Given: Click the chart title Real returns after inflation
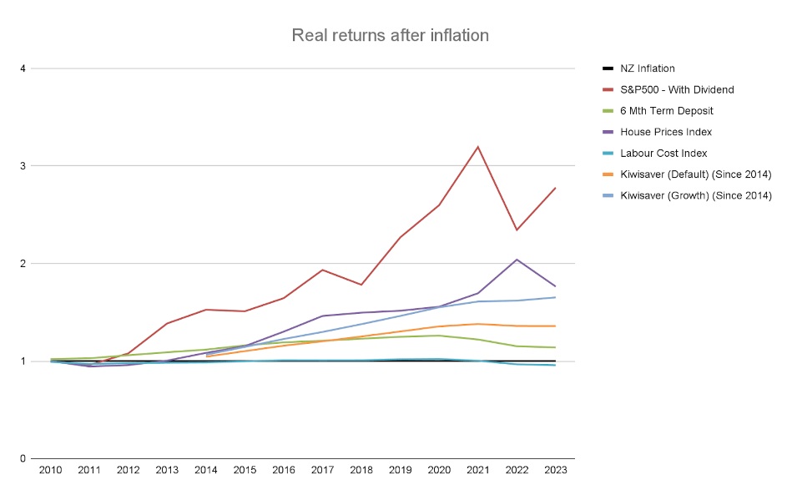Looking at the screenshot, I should pos(390,36).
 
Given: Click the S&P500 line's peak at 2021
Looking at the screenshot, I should pos(477,147).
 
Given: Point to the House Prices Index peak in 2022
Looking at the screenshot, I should pos(517,260).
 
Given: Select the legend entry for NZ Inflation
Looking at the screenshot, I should pos(649,68).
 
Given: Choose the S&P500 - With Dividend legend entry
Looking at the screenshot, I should pos(678,89).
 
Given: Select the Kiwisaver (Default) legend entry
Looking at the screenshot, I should pos(696,174).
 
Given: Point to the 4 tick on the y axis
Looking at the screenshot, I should pos(23,68).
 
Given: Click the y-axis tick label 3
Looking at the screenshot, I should pos(23,166).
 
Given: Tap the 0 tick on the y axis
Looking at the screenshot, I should pos(23,459).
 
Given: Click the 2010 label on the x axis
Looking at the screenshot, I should pos(50,471).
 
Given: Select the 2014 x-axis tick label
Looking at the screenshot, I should pos(205,471).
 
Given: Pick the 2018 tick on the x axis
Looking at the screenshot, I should pos(361,471).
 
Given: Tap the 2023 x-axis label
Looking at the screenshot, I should pos(556,471).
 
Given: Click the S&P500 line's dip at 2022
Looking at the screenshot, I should pos(517,230).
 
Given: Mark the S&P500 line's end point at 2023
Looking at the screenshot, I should pos(556,188).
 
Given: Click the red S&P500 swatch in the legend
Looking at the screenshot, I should pos(609,89).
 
